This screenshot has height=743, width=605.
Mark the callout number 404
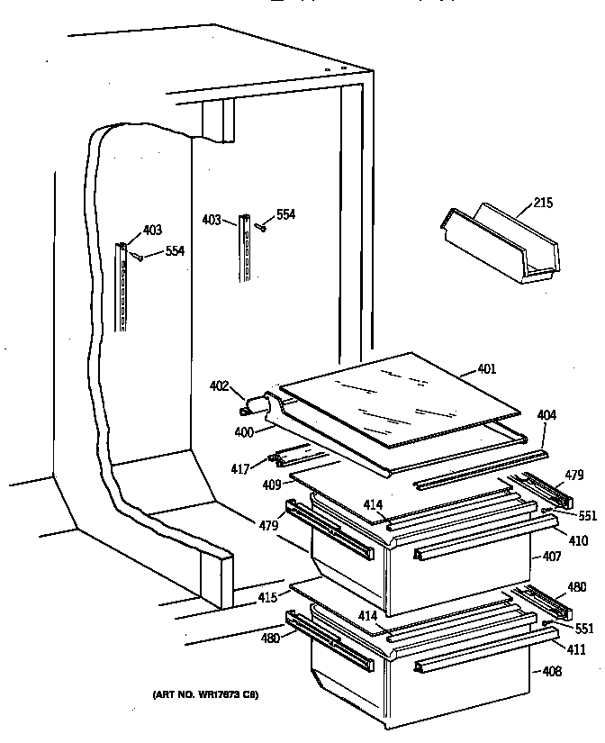point(546,415)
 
